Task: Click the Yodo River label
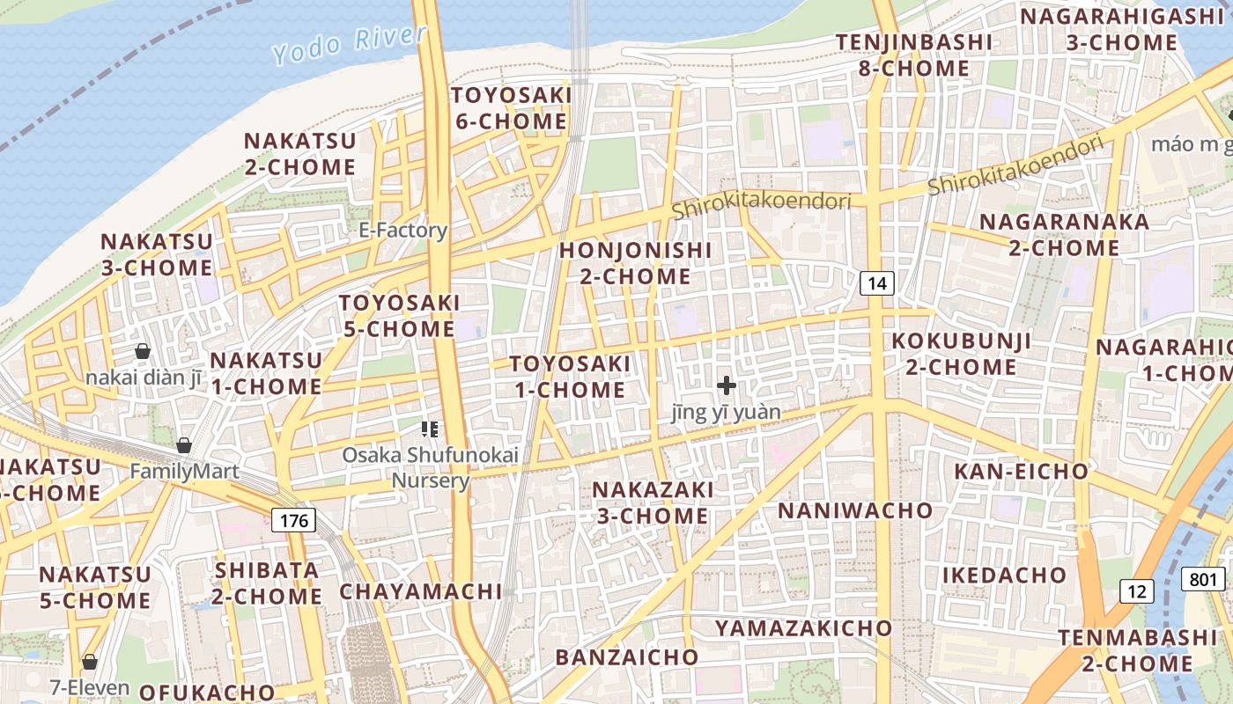click(350, 44)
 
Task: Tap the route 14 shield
click(876, 282)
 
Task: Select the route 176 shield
click(293, 520)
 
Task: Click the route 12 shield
click(1137, 590)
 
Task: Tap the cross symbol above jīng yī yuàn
click(727, 385)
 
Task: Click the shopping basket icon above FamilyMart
click(184, 445)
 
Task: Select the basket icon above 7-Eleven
click(89, 661)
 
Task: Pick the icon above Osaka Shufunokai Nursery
click(430, 429)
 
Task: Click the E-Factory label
click(403, 231)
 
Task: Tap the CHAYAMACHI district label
click(421, 591)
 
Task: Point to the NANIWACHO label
click(855, 510)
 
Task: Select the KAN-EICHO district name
click(1021, 472)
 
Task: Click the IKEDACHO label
click(1005, 576)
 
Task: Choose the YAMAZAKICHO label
click(803, 628)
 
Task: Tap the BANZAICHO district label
click(626, 656)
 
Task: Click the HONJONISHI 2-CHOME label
click(635, 263)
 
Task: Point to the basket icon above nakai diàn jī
click(143, 351)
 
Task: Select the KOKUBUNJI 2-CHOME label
click(961, 354)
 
